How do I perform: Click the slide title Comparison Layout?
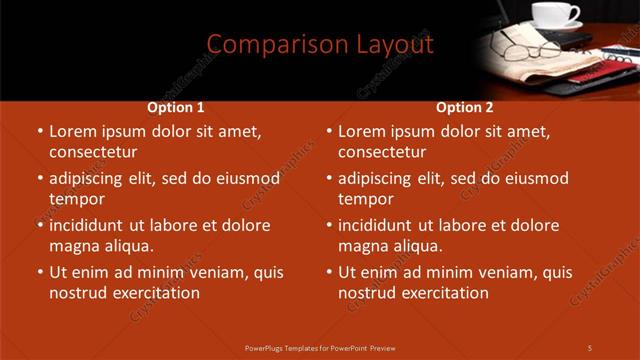tap(319, 44)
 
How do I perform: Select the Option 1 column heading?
tap(176, 108)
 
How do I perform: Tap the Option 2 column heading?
tap(465, 108)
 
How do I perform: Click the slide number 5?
tap(590, 347)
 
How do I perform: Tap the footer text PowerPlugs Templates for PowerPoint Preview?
tap(320, 347)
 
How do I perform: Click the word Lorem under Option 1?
tap(72, 131)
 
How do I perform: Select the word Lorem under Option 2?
tap(361, 131)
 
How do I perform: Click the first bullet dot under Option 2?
tap(329, 131)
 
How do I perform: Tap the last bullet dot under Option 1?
tap(40, 272)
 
